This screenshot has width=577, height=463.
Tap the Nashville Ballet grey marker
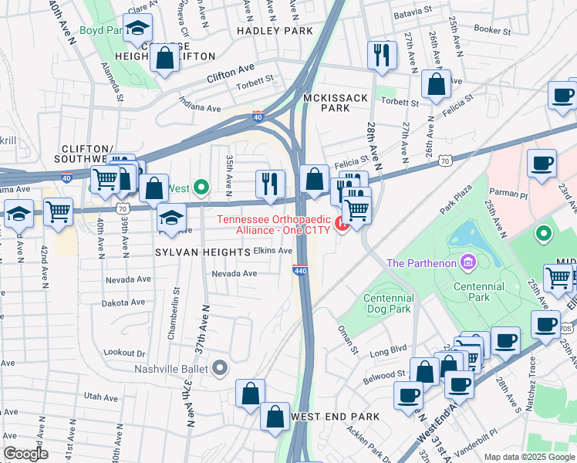click(x=220, y=368)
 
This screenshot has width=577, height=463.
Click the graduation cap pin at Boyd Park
click(x=137, y=29)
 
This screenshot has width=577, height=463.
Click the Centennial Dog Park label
click(x=388, y=303)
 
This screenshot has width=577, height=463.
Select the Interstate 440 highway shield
click(x=300, y=270)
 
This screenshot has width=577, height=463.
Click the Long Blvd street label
click(x=388, y=352)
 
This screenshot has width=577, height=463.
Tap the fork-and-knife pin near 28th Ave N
click(x=382, y=56)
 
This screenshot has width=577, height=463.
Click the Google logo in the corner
click(x=25, y=453)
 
